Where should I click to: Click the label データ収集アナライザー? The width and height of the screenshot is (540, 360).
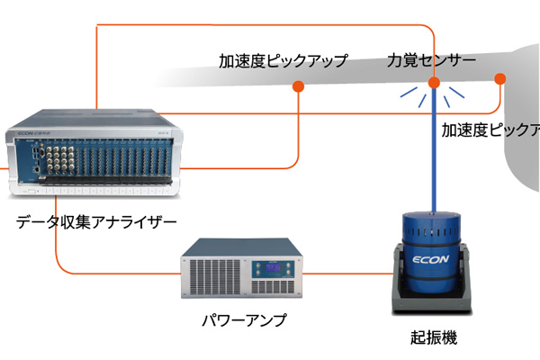pyautogui.click(x=96, y=221)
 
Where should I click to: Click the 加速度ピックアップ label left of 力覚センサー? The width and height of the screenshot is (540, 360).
pyautogui.click(x=283, y=62)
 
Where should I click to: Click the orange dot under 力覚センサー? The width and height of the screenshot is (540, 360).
pyautogui.click(x=433, y=85)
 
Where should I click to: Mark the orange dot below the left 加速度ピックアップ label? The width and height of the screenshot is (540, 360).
pyautogui.click(x=297, y=86)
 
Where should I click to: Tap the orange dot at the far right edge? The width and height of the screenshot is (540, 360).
pyautogui.click(x=500, y=78)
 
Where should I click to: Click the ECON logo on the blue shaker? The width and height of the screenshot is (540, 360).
pyautogui.click(x=432, y=255)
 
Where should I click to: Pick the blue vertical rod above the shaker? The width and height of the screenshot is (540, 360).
pyautogui.click(x=433, y=153)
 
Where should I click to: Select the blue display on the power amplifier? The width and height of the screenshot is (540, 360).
pyautogui.click(x=268, y=267)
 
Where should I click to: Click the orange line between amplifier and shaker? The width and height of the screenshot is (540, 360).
pyautogui.click(x=346, y=271)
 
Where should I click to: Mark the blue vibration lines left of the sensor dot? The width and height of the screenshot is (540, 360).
pyautogui.click(x=409, y=93)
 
